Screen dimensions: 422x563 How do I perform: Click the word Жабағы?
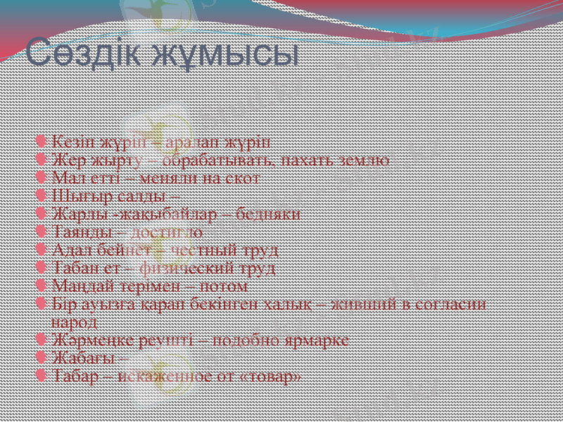81,359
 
